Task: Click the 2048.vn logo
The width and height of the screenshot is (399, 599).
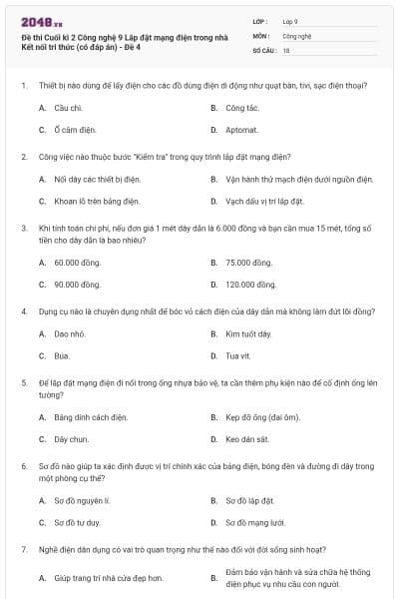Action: [36, 21]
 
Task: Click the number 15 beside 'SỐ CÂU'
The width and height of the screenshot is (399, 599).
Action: [286, 49]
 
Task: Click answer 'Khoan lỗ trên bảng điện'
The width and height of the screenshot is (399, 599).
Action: [95, 203]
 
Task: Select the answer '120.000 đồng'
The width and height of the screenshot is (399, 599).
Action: [250, 285]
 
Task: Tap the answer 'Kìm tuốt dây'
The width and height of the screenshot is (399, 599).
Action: [248, 332]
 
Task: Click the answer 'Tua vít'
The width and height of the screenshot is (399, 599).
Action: [237, 355]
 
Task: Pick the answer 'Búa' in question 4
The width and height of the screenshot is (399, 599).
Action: [62, 355]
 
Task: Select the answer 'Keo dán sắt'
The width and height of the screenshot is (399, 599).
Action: [246, 439]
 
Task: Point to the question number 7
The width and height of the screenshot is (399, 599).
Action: [23, 549]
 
